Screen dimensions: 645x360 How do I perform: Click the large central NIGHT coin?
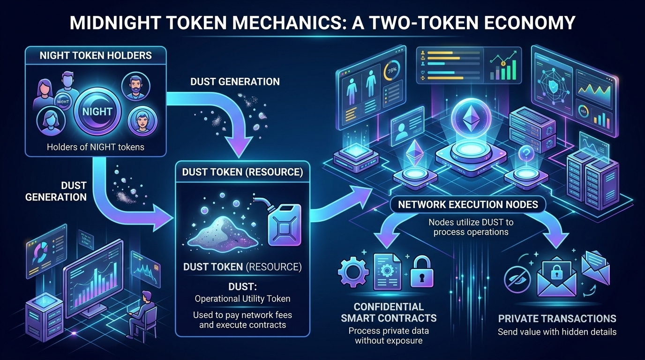tap(97, 112)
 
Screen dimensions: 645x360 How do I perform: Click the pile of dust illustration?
tap(220, 231)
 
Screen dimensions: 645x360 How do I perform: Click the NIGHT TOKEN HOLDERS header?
tap(96, 55)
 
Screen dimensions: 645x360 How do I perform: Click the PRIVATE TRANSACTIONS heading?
tap(557, 319)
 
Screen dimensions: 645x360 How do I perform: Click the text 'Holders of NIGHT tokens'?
tap(96, 147)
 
